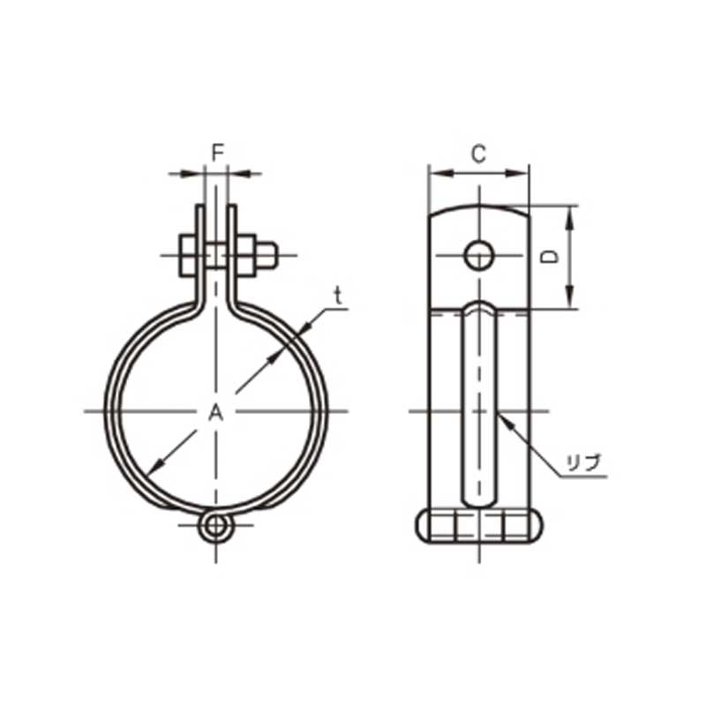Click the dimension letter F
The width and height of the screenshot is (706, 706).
click(218, 154)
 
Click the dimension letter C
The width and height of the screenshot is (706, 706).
click(478, 154)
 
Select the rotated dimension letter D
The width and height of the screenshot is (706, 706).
click(550, 256)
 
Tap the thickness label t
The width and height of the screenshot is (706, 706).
click(338, 297)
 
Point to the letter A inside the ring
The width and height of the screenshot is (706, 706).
click(216, 412)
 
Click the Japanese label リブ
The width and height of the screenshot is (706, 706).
click(584, 462)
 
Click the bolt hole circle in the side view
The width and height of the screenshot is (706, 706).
click(479, 255)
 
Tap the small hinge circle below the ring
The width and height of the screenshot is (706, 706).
click(216, 526)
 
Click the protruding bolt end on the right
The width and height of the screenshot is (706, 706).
click(267, 255)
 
